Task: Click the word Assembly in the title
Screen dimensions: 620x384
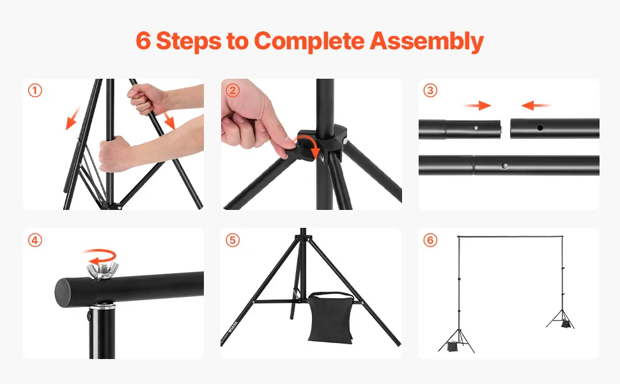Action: pos(426,41)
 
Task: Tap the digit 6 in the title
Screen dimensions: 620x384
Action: pos(143,40)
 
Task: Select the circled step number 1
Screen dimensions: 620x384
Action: pos(35,91)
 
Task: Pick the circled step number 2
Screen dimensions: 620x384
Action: pos(233,91)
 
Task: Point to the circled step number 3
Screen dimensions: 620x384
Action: pos(430,91)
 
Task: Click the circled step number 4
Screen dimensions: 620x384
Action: pos(35,240)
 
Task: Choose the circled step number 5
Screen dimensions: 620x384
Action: pos(233,240)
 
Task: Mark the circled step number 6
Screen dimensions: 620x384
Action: pos(430,240)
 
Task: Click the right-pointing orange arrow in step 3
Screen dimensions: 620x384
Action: pos(477,106)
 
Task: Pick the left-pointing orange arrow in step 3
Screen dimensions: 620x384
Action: pos(536,106)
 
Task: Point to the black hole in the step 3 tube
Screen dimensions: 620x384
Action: pos(540,128)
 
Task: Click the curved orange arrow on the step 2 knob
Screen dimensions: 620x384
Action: pos(309,145)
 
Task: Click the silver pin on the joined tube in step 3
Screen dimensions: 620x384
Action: pos(505,166)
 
